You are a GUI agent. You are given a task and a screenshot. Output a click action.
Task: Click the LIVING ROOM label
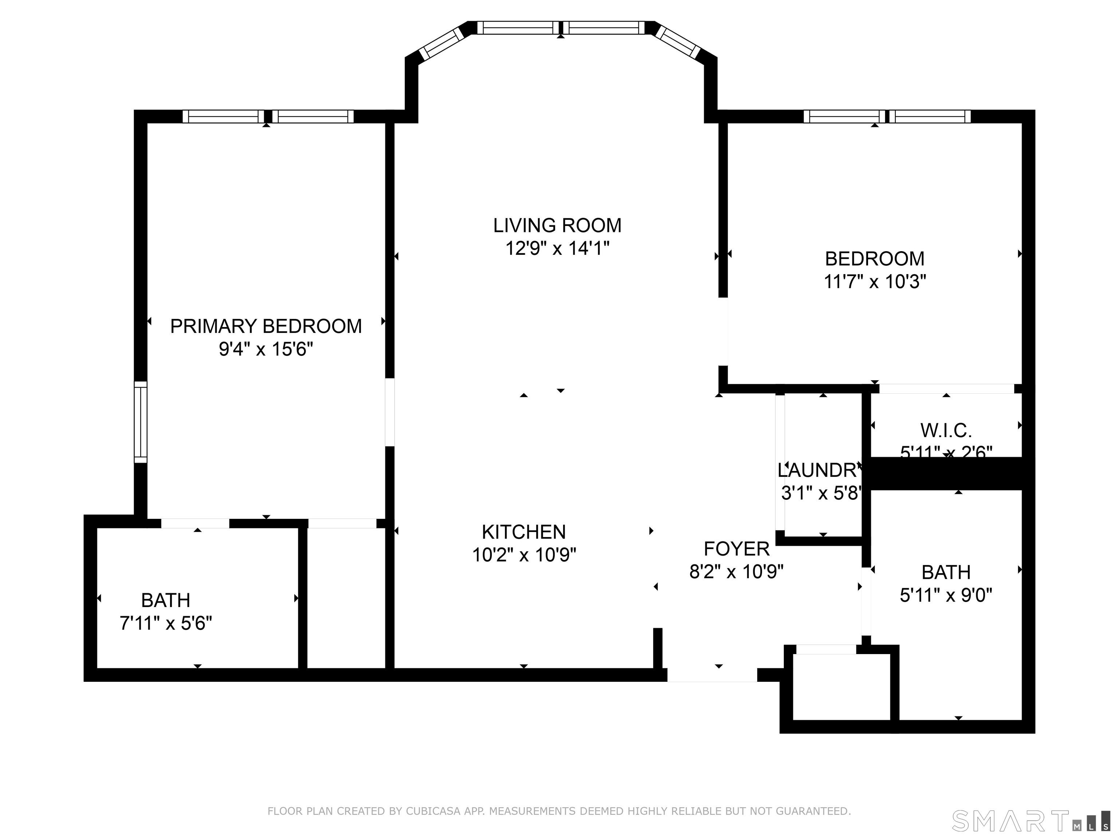pos(557,226)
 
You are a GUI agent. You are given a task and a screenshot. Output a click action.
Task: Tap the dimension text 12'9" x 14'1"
pos(557,249)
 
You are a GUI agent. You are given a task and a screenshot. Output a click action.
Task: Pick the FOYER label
pos(737,549)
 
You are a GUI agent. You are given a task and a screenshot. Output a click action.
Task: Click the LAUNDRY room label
pos(818,470)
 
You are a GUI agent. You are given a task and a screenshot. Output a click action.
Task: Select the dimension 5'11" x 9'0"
pos(946,595)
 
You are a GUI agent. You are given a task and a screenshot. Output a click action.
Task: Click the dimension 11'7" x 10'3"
pos(875,281)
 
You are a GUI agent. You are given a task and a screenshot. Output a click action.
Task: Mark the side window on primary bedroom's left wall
pos(141,422)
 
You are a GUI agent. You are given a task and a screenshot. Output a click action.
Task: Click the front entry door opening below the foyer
pos(712,675)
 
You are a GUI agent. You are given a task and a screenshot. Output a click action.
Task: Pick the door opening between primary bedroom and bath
pos(195,524)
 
